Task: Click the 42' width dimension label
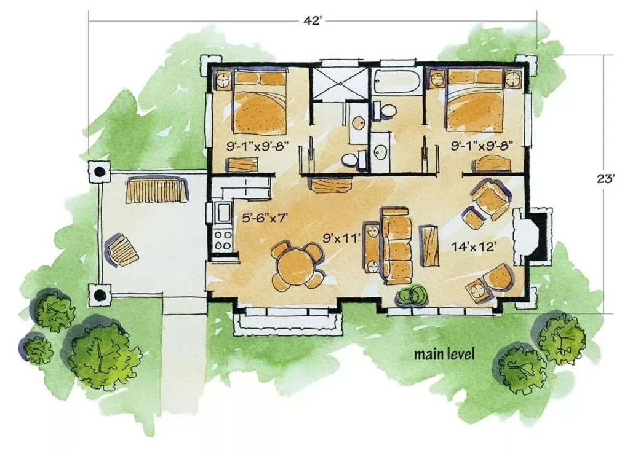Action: click(313, 20)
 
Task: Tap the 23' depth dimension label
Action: click(606, 179)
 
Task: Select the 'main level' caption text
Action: click(444, 355)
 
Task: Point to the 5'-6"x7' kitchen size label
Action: click(266, 218)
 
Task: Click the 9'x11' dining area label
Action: click(341, 239)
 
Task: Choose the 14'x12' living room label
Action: click(472, 247)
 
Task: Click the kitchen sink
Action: click(222, 213)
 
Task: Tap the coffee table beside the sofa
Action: click(429, 245)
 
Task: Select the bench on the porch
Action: click(157, 190)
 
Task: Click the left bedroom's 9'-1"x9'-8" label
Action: click(258, 146)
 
